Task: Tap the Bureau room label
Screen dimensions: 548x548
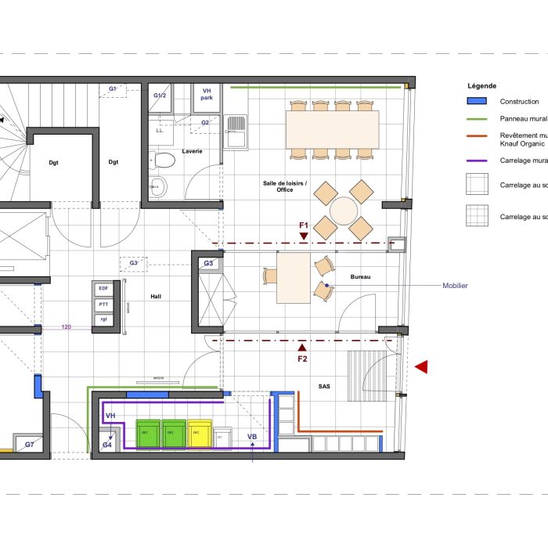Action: coord(360,277)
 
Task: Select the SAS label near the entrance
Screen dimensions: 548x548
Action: coord(324,387)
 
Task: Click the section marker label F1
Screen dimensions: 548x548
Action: coord(304,225)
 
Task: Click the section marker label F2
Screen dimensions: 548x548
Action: coord(303,359)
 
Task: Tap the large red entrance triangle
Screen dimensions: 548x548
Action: coord(421,366)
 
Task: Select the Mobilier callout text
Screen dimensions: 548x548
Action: coord(455,286)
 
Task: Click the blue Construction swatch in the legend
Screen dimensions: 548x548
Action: coord(477,102)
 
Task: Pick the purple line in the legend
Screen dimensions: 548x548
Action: coord(477,161)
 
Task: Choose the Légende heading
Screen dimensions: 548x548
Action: coord(481,85)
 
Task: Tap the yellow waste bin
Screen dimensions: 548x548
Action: coord(198,433)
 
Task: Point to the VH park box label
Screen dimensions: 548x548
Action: coord(207,95)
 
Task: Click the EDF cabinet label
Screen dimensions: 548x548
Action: coord(103,289)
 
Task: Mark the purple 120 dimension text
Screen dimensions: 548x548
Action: coord(67,326)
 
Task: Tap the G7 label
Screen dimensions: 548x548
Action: coord(29,445)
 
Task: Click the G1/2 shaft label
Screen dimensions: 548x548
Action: coord(160,96)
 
